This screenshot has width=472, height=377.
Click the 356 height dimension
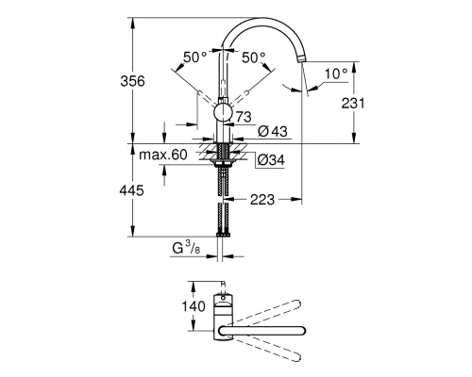click(134, 82)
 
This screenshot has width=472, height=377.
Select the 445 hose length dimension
click(134, 191)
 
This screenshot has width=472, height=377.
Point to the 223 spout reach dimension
click(262, 199)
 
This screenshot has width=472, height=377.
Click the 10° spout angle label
click(334, 73)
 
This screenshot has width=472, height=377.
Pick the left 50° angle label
click(194, 57)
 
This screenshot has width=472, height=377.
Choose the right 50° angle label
click(254, 57)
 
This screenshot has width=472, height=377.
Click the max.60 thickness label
click(164, 155)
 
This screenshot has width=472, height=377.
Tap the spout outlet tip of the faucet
click(302, 58)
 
